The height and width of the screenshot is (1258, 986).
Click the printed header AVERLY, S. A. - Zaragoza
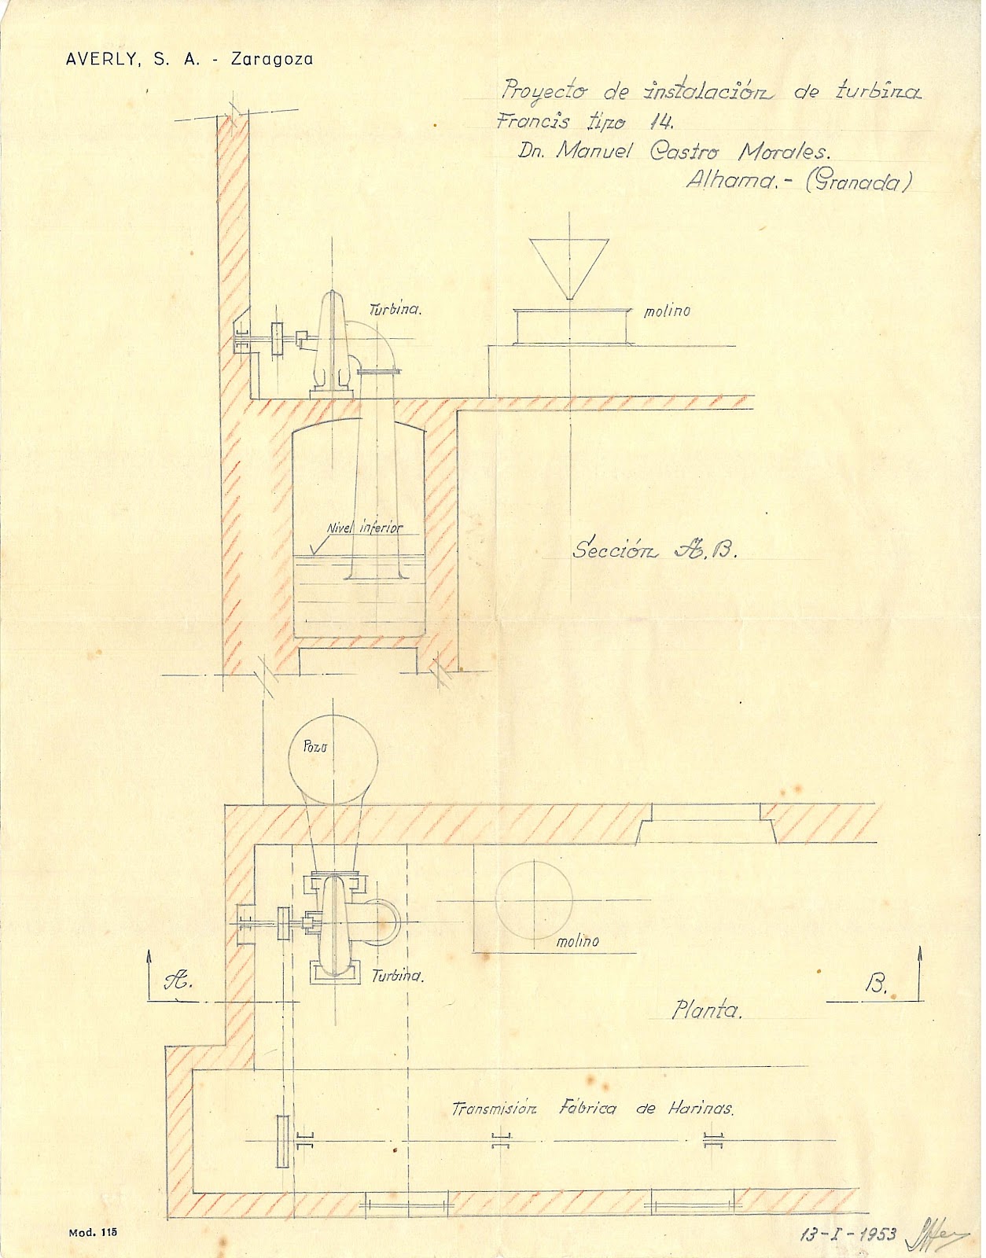[x=189, y=60]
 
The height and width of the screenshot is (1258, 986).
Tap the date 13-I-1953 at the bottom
[x=848, y=1234]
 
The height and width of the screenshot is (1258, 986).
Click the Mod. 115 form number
[x=93, y=1233]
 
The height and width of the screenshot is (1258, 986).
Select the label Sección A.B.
[x=655, y=550]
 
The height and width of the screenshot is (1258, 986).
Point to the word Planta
[x=707, y=1010]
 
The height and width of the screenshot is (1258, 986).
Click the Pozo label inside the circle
[x=315, y=746]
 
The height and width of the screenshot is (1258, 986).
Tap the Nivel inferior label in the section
[x=365, y=528]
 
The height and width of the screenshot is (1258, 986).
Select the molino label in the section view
[x=667, y=311]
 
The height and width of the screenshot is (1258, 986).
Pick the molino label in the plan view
[x=578, y=941]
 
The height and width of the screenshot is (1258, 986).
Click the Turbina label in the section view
[x=396, y=309]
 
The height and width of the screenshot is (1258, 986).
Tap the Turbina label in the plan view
[x=397, y=976]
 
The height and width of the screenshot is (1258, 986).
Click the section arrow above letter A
[x=149, y=971]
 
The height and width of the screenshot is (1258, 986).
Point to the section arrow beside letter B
[x=920, y=971]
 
